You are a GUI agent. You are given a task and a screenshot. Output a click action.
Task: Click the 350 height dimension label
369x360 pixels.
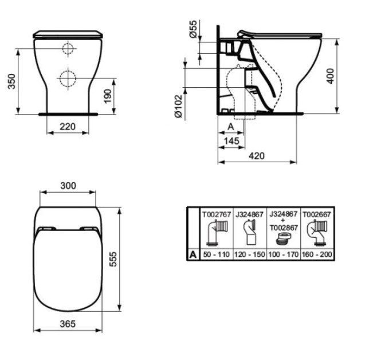11,81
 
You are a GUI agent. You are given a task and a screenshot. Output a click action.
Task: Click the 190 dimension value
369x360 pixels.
108,96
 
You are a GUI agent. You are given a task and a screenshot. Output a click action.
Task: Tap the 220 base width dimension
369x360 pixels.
68,127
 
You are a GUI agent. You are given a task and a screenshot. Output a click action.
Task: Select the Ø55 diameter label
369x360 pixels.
193,29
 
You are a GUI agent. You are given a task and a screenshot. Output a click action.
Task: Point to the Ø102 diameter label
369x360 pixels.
178,106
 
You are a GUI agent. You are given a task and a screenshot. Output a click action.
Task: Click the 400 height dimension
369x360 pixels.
331,76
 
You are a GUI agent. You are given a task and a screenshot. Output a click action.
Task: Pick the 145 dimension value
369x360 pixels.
231,141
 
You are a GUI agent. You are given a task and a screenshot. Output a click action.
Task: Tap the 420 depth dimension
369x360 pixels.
257,155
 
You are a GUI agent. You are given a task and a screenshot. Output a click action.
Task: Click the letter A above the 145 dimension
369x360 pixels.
231,127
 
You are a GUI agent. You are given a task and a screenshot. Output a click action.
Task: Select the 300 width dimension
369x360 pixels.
68,186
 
